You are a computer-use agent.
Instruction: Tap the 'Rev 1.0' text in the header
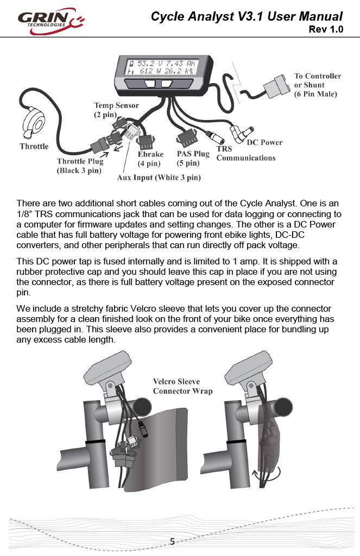325,29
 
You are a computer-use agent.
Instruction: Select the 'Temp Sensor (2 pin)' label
116,110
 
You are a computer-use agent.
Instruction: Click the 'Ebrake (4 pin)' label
150,159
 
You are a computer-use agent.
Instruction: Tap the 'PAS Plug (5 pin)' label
193,158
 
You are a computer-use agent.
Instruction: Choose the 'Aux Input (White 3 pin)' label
159,178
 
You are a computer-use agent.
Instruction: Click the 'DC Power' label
264,143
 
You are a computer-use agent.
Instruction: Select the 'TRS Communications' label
245,154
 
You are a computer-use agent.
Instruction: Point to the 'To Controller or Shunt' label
317,85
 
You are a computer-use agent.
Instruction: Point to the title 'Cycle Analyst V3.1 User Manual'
247,16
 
